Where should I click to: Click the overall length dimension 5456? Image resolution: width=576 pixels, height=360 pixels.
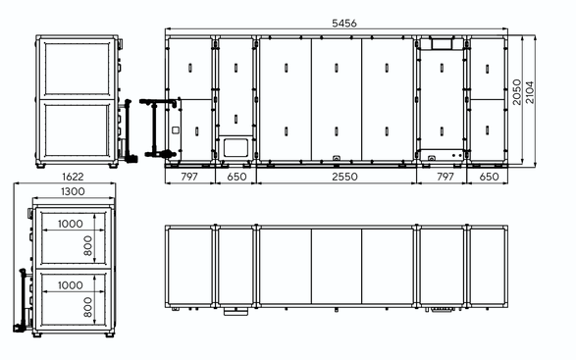(x=343, y=24)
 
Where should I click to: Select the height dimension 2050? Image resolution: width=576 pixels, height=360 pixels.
(x=517, y=92)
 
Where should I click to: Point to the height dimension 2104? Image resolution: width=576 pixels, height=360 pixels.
(x=530, y=92)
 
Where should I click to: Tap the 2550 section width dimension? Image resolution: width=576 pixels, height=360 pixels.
(x=344, y=177)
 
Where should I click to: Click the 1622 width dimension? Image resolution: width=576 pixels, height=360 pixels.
(x=73, y=177)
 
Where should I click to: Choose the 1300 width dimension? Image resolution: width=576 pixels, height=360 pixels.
(x=73, y=191)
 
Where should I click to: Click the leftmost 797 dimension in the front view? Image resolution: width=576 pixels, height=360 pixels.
(x=189, y=177)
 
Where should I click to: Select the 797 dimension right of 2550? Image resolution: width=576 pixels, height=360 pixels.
(x=445, y=177)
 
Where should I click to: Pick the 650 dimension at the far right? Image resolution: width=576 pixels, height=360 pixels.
(x=489, y=177)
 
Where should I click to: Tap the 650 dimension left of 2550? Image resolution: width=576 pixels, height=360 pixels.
(x=236, y=177)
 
